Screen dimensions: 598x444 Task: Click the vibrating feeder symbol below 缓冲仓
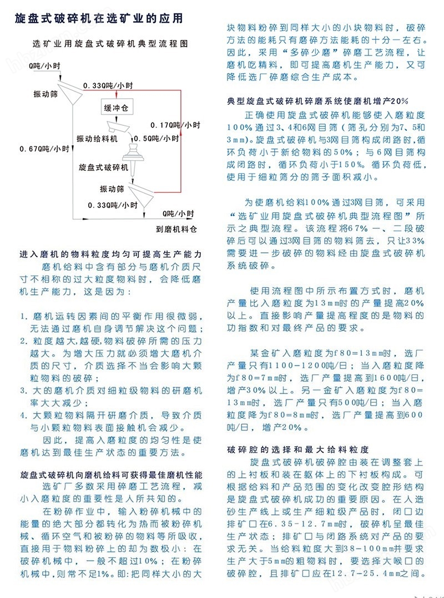(119, 126)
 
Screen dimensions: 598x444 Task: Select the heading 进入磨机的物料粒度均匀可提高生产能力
(110, 254)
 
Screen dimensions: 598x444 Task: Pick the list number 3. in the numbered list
(24, 391)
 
